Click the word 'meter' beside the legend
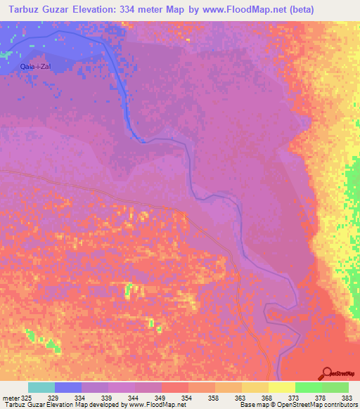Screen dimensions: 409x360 coord(11,398)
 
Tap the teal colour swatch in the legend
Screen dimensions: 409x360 coord(41,387)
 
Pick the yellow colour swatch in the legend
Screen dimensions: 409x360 coord(281,387)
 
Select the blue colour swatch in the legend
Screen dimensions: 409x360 coord(68,387)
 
